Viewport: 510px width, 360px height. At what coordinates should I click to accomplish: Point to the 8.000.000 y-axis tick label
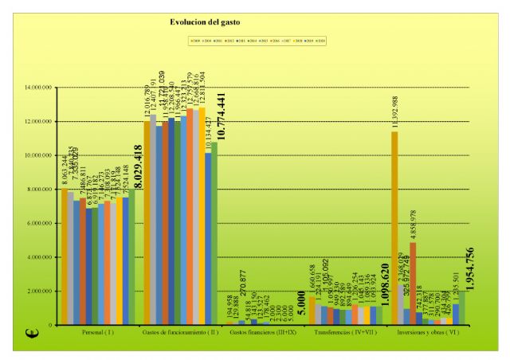(x=38, y=190)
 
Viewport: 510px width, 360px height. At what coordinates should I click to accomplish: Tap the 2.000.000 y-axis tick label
(x=38, y=292)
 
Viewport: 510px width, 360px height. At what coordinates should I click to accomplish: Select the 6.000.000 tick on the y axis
(x=38, y=224)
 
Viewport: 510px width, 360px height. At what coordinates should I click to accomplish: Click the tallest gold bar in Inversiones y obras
(x=394, y=231)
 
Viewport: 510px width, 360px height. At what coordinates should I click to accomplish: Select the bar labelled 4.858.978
(x=412, y=279)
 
